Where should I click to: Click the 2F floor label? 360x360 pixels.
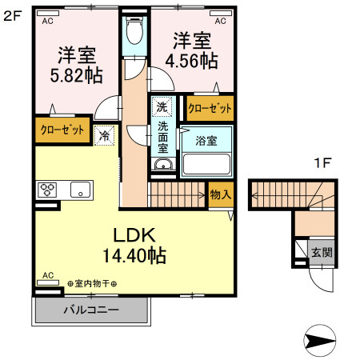[12, 14]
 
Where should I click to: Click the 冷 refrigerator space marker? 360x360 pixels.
[104, 136]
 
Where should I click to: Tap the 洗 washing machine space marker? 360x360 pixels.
[162, 106]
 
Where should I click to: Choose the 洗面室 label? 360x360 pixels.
[162, 136]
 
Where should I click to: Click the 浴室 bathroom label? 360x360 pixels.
[206, 141]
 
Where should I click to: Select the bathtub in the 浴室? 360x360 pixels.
[206, 164]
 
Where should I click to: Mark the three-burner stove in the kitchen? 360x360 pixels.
[47, 190]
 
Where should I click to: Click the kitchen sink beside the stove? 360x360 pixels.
[79, 190]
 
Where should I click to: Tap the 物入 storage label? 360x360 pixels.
[220, 194]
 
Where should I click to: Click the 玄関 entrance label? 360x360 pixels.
[322, 252]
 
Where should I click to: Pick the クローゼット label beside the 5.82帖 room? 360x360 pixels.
[62, 131]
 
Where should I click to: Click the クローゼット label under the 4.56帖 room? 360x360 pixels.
[210, 107]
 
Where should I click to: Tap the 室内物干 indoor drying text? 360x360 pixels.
[92, 284]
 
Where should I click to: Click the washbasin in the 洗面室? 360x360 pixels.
[162, 166]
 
